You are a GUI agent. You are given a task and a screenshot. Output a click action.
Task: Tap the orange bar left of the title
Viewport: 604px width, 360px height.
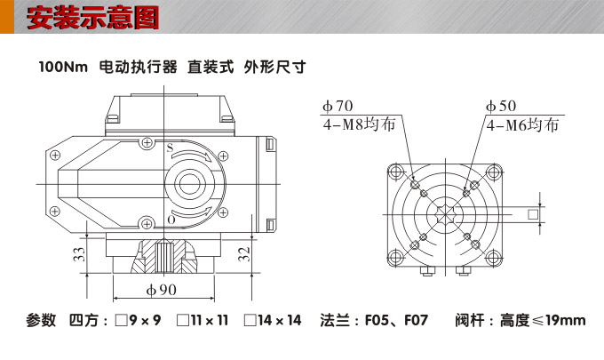(x=6, y=17)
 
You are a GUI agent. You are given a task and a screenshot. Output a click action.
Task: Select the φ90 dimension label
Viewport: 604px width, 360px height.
(x=162, y=290)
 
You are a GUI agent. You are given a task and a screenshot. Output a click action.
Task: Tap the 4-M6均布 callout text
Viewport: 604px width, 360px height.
(x=523, y=125)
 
